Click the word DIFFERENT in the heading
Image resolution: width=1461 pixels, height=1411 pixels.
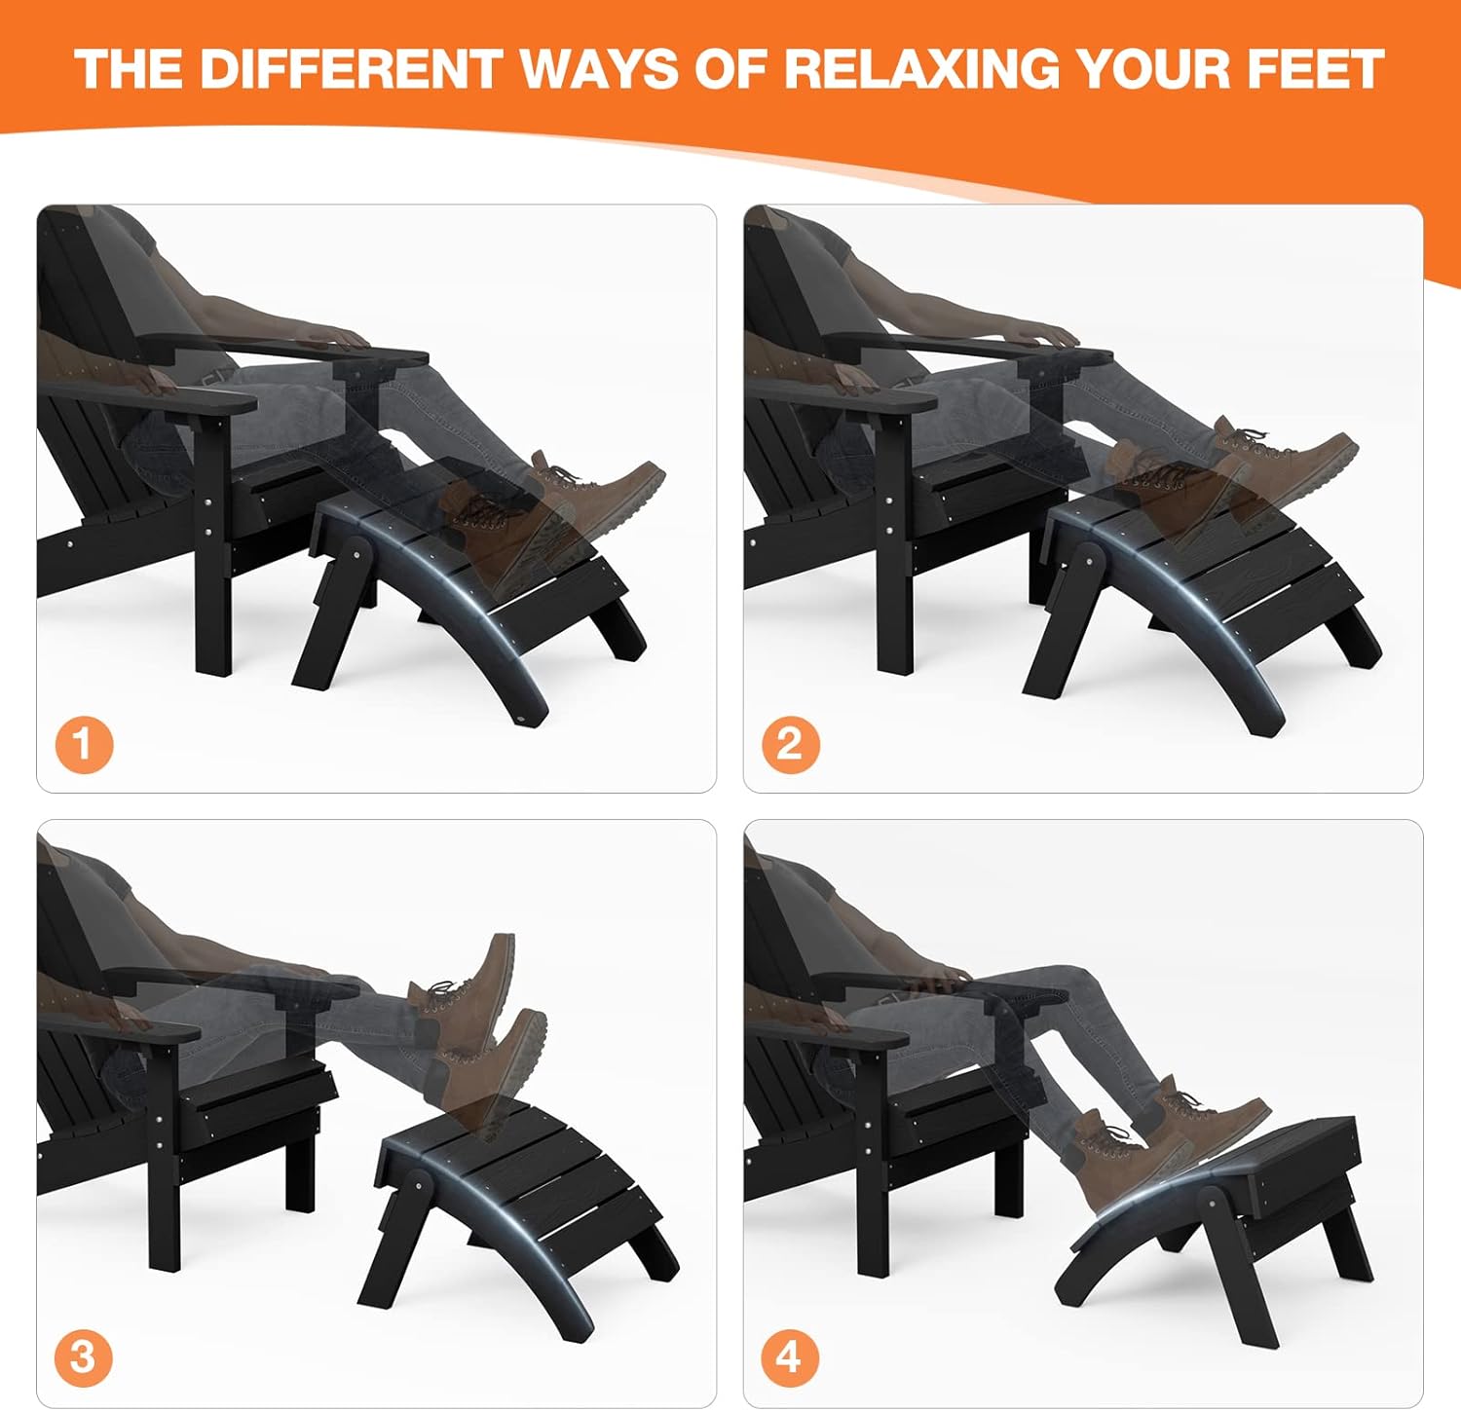click(x=352, y=69)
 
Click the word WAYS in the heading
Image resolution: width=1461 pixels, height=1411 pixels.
click(x=598, y=69)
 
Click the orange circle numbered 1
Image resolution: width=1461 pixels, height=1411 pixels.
click(x=83, y=745)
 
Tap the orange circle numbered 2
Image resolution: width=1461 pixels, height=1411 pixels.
click(x=789, y=745)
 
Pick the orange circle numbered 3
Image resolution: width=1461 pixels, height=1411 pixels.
click(x=83, y=1356)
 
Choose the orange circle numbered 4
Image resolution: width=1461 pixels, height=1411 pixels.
click(x=789, y=1356)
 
